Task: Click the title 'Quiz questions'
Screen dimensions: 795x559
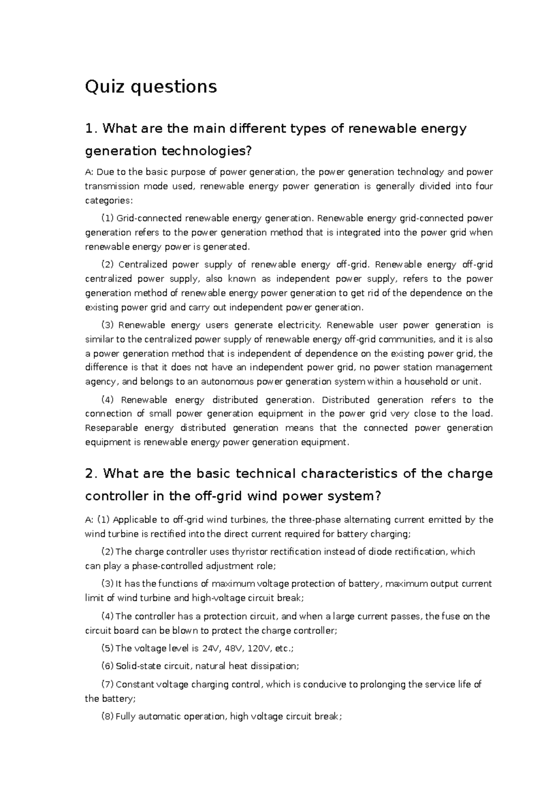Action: [150, 87]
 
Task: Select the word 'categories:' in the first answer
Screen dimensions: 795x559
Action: [109, 201]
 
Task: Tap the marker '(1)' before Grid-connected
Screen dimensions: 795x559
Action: [107, 218]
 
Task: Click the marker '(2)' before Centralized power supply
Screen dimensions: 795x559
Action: [107, 265]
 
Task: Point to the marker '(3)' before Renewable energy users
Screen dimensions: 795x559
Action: [107, 325]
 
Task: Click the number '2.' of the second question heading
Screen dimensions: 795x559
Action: [92, 474]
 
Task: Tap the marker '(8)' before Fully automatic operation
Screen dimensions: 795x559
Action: [107, 717]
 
